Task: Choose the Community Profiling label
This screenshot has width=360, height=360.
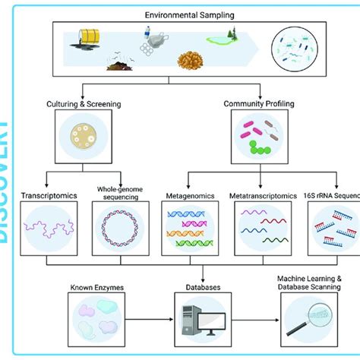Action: (x=257, y=103)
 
